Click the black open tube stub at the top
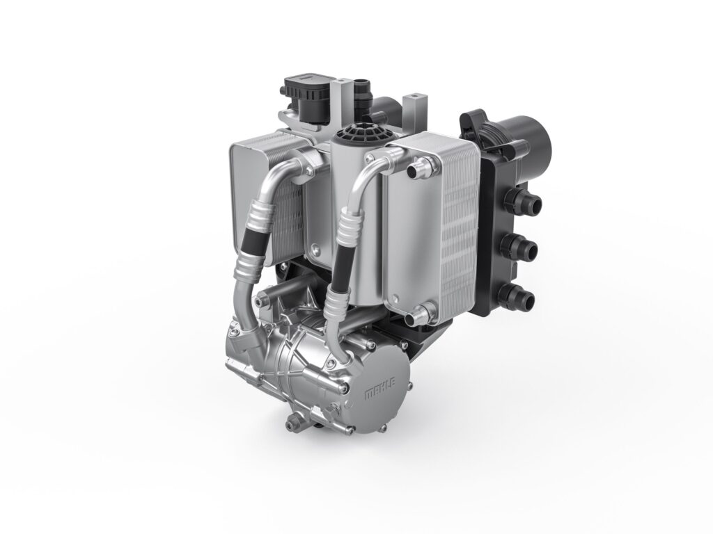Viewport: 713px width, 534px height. (x=361, y=90)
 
